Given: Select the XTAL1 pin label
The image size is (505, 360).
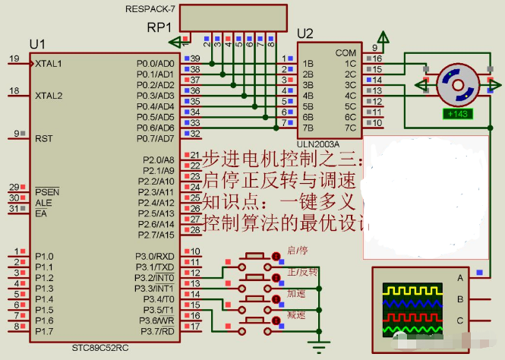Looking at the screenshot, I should click(49, 64).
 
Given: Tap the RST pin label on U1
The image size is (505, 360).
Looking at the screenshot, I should click(43, 138).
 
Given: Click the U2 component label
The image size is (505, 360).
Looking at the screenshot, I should click(305, 33).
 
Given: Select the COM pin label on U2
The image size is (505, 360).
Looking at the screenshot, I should click(346, 53).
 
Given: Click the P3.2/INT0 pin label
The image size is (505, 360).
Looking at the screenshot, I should click(156, 277).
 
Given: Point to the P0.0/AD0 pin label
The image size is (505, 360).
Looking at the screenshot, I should click(156, 63).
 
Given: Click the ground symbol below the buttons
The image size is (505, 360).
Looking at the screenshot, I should click(320, 349).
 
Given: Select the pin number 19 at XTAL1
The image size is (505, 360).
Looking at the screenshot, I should click(14, 58).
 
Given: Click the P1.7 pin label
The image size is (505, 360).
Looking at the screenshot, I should click(44, 331).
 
